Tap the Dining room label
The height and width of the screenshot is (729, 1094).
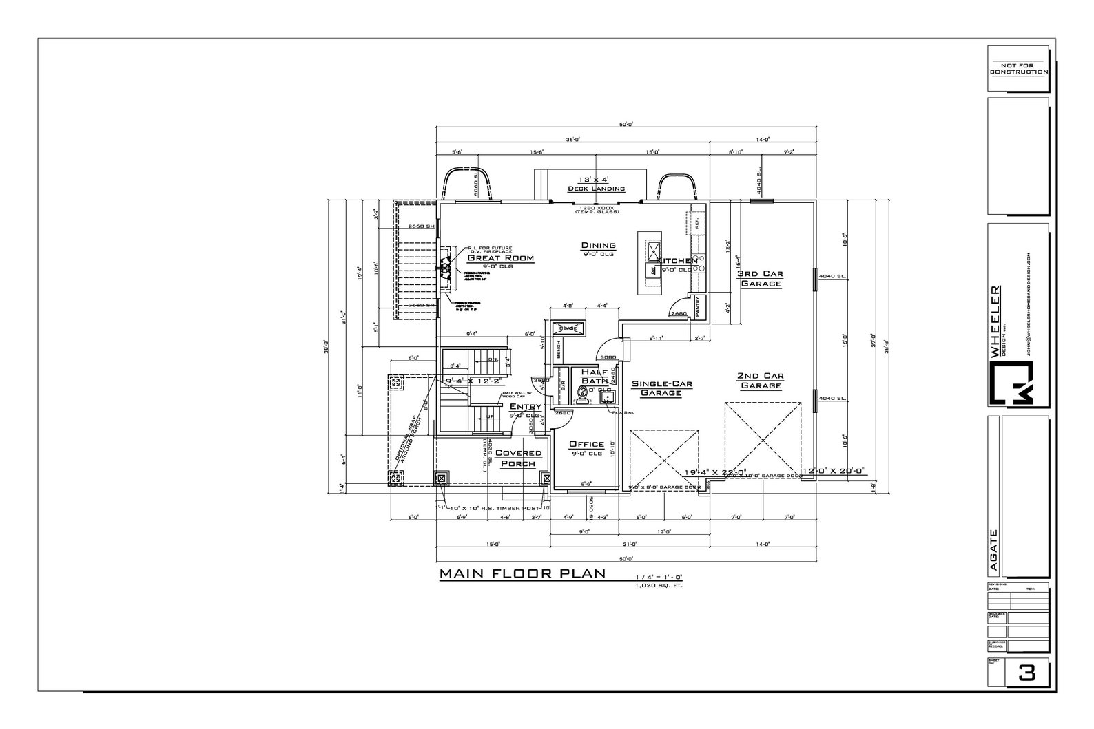pos(598,246)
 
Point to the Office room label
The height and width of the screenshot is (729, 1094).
pos(586,445)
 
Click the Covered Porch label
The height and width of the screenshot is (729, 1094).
pos(518,458)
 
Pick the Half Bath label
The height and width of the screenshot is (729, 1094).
pos(594,376)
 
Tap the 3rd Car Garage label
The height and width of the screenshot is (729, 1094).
pos(760,278)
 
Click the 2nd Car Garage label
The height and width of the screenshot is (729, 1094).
pos(761,381)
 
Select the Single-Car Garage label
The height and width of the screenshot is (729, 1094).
pos(661,388)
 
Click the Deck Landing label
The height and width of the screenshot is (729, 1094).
pos(596,189)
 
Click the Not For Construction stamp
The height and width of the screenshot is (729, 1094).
pos(1018,68)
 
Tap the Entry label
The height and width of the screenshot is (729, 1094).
pos(525,407)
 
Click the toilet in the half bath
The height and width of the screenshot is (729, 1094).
pos(583,394)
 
